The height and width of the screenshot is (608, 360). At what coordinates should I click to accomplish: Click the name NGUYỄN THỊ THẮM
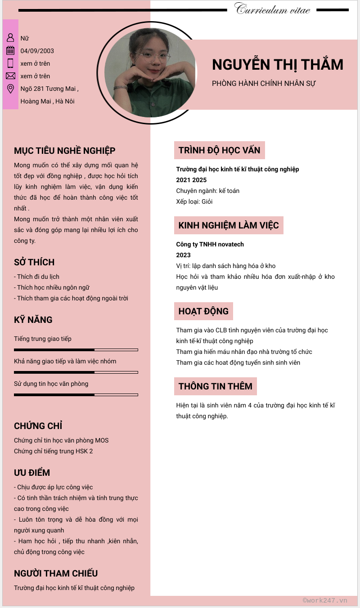pyautogui.click(x=277, y=65)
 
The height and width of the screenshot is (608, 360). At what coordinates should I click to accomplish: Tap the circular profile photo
pyautogui.click(x=150, y=73)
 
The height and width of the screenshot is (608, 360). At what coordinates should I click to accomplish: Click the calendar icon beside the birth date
pyautogui.click(x=10, y=51)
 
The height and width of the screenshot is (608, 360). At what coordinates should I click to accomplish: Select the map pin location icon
pyautogui.click(x=10, y=89)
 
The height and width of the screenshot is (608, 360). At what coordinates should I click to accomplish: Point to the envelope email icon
pyautogui.click(x=10, y=76)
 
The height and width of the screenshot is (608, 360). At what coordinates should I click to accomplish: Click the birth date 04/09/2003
pyautogui.click(x=37, y=51)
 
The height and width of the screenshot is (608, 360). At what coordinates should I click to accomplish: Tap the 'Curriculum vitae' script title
pyautogui.click(x=272, y=9)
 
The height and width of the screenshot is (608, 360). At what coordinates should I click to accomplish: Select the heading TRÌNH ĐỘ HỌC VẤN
pyautogui.click(x=219, y=150)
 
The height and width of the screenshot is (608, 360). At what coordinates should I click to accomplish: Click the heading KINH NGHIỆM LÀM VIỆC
pyautogui.click(x=229, y=225)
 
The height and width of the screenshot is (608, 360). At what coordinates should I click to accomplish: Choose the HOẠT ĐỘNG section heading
pyautogui.click(x=203, y=311)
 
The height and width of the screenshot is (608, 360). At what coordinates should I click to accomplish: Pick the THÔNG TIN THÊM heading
pyautogui.click(x=215, y=386)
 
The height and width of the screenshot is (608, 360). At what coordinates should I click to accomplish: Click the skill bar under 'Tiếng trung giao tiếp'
pyautogui.click(x=76, y=349)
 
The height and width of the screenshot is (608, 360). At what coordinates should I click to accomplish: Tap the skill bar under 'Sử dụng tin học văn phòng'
pyautogui.click(x=76, y=394)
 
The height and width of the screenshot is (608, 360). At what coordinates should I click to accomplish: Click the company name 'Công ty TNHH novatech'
pyautogui.click(x=210, y=244)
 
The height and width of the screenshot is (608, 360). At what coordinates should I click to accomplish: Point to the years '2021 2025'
pyautogui.click(x=191, y=180)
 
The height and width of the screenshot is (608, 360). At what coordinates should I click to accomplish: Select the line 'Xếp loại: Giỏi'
pyautogui.click(x=194, y=201)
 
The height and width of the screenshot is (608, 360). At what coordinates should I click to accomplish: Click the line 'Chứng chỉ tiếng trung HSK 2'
pyautogui.click(x=53, y=451)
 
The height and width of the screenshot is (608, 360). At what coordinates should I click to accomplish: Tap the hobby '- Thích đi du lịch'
pyautogui.click(x=37, y=277)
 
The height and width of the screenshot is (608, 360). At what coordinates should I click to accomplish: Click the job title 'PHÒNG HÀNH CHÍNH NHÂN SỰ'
pyautogui.click(x=264, y=84)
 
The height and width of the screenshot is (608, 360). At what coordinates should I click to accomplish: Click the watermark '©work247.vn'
pyautogui.click(x=325, y=600)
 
